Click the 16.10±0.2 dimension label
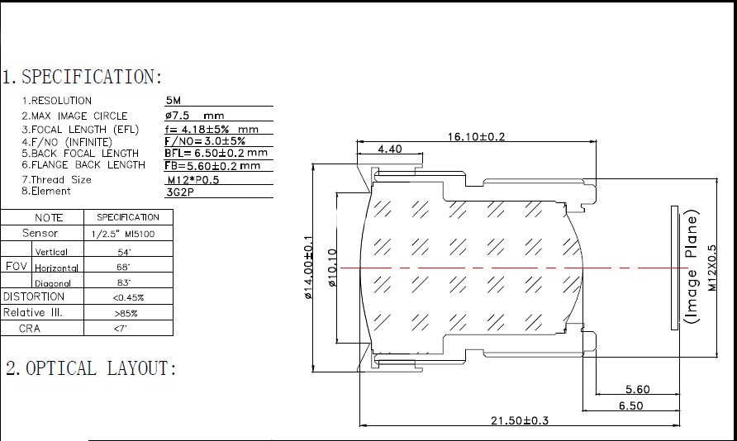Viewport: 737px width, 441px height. (476, 136)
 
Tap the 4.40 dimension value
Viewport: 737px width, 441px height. (390, 149)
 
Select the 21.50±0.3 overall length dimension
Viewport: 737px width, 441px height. (520, 420)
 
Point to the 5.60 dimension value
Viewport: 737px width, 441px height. (637, 389)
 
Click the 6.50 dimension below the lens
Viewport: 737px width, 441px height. (630, 405)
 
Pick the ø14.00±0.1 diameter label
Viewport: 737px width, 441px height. (308, 268)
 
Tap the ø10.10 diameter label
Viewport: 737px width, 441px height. (332, 268)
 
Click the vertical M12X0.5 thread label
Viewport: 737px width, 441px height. (712, 268)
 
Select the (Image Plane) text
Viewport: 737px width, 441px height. (692, 267)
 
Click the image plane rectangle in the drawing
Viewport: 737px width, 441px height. (674, 268)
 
